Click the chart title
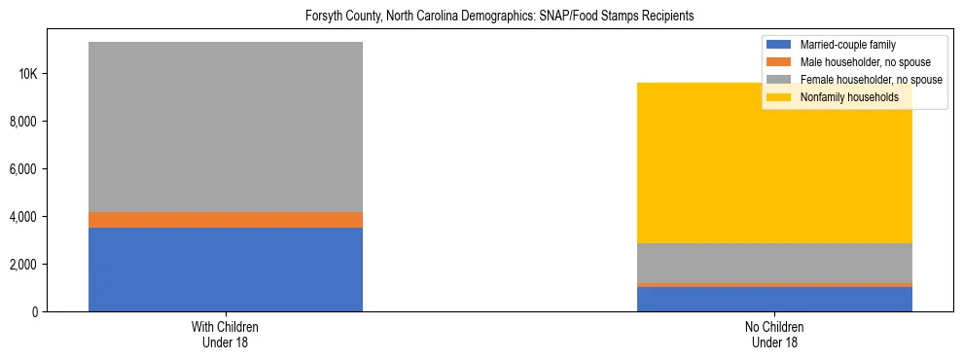pos(481,17)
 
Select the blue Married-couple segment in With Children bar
pos(225,270)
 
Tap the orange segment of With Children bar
pos(225,220)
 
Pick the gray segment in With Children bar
pos(225,126)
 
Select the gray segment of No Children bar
pos(774,263)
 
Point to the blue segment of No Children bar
pos(774,300)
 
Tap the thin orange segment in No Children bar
pos(774,285)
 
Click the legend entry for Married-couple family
pos(847,45)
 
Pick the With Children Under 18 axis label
pos(225,335)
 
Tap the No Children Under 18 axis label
pos(774,335)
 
